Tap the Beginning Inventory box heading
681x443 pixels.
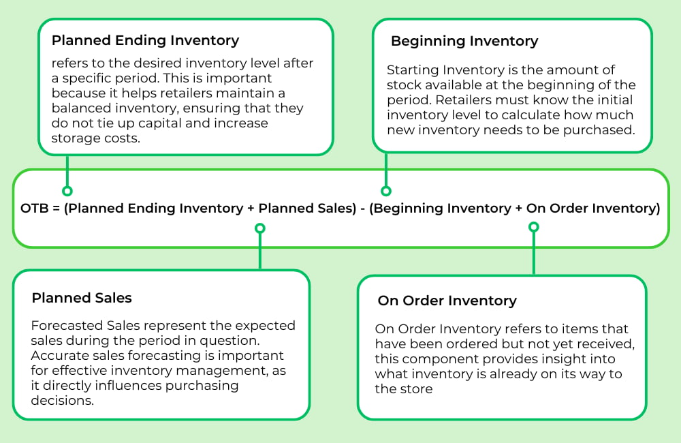click(464, 41)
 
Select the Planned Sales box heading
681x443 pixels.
click(82, 298)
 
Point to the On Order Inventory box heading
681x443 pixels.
click(447, 301)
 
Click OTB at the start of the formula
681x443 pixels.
click(33, 209)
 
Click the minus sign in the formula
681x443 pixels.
click(363, 209)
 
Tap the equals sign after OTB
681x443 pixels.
click(54, 209)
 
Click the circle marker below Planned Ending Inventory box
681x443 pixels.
click(67, 192)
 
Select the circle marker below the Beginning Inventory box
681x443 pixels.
click(386, 192)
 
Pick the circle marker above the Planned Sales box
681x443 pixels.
click(259, 228)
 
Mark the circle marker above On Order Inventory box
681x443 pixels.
click(534, 226)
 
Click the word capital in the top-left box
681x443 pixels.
click(174, 123)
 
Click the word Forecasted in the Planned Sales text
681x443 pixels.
click(63, 326)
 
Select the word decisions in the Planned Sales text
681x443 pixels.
click(61, 401)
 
